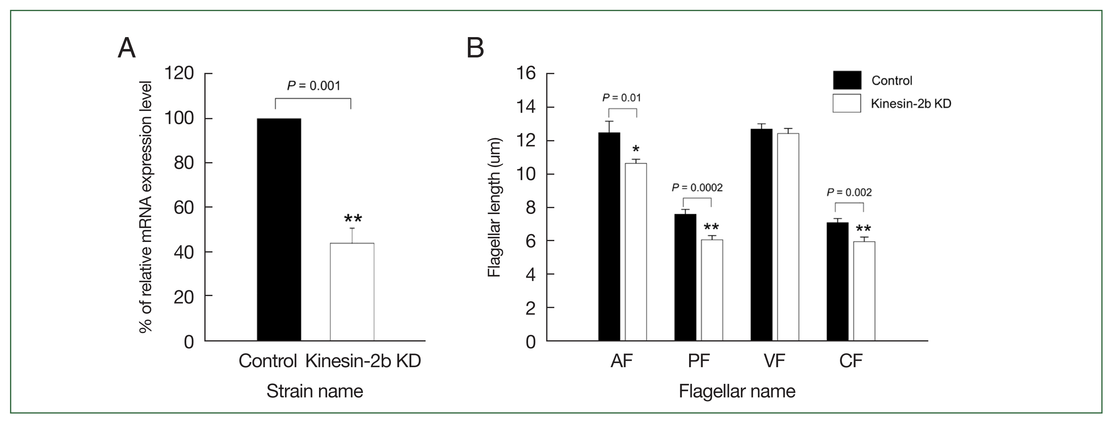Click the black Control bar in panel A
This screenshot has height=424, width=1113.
(279, 229)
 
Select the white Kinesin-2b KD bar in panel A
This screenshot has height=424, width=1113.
(352, 292)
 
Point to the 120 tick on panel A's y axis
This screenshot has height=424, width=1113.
(179, 74)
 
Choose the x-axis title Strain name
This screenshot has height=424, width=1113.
(315, 391)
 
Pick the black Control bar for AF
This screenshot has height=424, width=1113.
(609, 237)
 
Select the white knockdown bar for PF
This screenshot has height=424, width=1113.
(712, 290)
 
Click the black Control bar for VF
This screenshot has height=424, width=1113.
(761, 235)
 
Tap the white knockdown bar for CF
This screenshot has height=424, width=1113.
(864, 291)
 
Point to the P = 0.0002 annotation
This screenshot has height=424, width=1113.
(697, 187)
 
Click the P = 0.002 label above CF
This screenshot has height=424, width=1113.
(849, 192)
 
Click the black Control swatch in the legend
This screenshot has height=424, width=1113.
(847, 80)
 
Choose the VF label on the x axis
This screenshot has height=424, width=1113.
(774, 361)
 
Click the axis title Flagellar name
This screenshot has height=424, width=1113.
(737, 391)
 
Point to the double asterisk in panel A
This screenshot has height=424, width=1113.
(353, 219)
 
